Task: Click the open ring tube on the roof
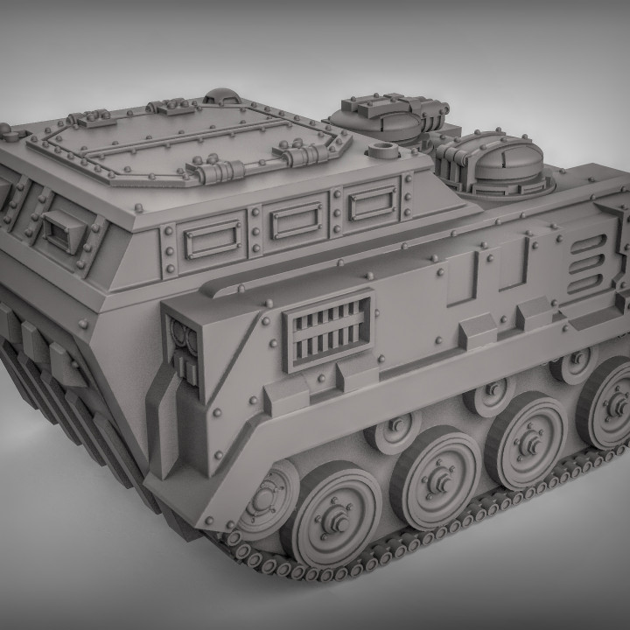click(382, 146)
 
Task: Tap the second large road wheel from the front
click(435, 477)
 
